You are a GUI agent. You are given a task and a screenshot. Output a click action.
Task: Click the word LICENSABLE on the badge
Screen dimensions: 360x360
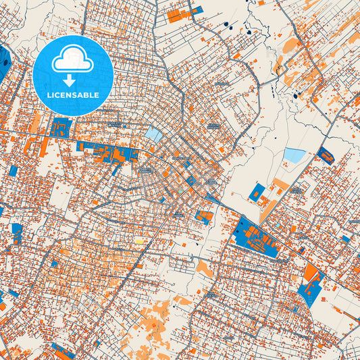(73, 95)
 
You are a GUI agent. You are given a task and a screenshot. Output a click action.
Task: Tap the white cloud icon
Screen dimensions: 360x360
(73, 60)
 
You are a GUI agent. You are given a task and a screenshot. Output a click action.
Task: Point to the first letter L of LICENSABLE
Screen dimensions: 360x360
(49, 95)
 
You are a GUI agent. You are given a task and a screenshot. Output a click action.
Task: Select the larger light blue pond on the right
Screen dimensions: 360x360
(294, 155)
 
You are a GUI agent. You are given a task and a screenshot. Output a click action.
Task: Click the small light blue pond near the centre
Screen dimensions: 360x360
(154, 135)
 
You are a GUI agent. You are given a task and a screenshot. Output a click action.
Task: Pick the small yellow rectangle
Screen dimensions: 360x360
(140, 240)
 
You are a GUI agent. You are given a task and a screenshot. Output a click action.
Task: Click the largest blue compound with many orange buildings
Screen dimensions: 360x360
(257, 236)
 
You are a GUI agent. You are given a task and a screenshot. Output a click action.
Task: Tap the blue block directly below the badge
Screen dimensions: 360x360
(61, 126)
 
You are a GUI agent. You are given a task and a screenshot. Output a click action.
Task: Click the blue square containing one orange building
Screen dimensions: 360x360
(257, 192)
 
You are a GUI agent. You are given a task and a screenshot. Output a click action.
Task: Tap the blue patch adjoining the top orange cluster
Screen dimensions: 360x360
(197, 10)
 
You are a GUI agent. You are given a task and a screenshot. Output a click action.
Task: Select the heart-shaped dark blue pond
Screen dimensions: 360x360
(249, 32)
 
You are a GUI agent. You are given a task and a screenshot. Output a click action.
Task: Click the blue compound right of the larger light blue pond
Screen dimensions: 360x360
(325, 155)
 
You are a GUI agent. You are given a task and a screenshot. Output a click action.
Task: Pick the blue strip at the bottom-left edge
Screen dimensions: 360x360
(62, 351)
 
